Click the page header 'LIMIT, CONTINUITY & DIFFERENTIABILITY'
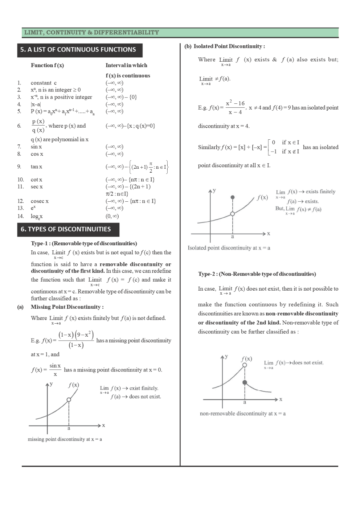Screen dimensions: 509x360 coord(91,33)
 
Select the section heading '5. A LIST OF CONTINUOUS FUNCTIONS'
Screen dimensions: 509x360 coord(78,50)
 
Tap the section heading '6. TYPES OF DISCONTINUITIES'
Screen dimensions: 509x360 coord(66,229)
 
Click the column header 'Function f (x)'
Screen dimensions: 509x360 coord(47,65)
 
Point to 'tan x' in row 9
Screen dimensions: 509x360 coord(36,167)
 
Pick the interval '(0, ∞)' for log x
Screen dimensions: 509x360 coord(112,216)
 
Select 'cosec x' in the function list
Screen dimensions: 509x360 coord(40,201)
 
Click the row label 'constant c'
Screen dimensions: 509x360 coord(44,83)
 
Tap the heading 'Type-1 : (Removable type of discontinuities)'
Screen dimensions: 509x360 coord(84,243)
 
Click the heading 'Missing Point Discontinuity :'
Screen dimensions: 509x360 coord(67,307)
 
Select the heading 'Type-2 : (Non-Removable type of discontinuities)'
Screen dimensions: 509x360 coord(257,274)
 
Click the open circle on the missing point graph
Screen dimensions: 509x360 coord(69,400)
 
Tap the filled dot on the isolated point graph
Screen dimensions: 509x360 coord(233,197)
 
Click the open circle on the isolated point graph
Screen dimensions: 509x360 coord(233,214)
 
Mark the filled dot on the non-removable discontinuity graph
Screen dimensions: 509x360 coord(245,382)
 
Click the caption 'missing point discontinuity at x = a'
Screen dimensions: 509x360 coord(65,439)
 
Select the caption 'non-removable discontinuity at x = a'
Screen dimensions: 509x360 coord(242,414)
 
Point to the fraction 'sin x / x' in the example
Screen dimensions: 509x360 coord(55,370)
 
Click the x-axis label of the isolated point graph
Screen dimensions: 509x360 coord(269,234)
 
